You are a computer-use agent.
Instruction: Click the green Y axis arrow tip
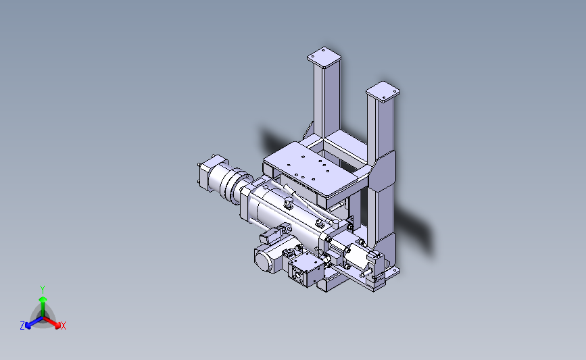pyautogui.click(x=43, y=299)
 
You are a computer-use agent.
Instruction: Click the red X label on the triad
pyautogui.click(x=63, y=326)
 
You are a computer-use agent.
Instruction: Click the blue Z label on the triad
pyautogui.click(x=22, y=326)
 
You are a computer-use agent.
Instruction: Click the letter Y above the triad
pyautogui.click(x=43, y=290)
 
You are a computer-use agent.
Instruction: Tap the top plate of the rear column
pyautogui.click(x=324, y=57)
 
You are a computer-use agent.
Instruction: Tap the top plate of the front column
pyautogui.click(x=383, y=91)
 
